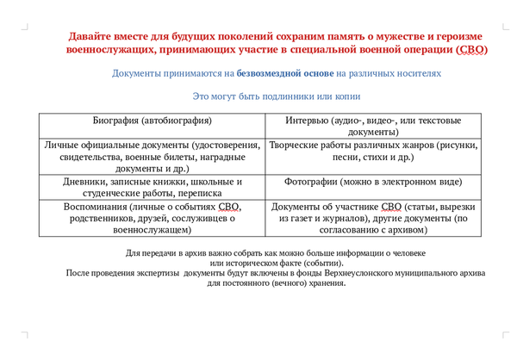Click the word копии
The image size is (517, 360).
345,96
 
